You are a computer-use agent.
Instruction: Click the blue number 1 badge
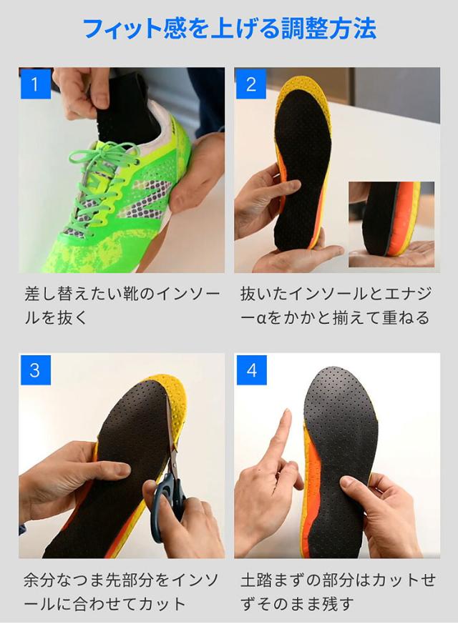(36, 84)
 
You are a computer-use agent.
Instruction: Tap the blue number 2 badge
(251, 84)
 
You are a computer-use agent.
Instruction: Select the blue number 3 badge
(36, 370)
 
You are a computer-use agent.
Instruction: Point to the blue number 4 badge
(251, 370)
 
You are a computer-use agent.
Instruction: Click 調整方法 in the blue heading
(328, 29)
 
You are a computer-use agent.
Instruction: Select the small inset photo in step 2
(391, 224)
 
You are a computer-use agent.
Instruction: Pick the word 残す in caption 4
(337, 604)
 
